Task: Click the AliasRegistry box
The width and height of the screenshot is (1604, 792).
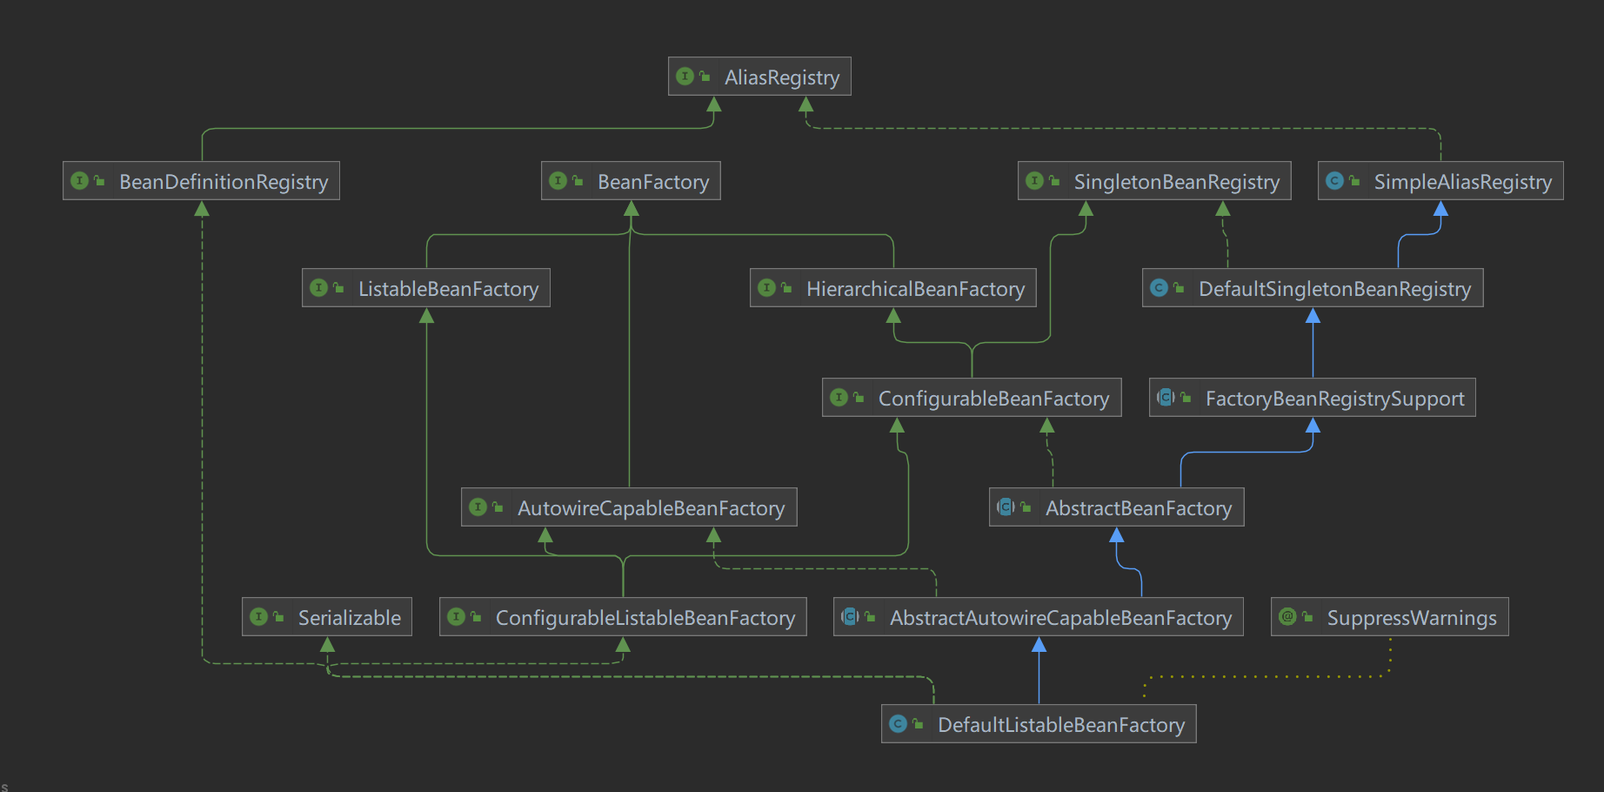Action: tap(759, 77)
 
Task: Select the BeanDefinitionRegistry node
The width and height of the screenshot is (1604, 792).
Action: tap(201, 181)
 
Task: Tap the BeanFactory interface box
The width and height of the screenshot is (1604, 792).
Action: tap(631, 181)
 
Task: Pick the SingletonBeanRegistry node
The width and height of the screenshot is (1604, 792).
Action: tap(1154, 181)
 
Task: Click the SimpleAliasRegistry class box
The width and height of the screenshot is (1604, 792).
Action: tap(1440, 181)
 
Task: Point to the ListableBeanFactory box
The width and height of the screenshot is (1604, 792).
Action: tap(426, 288)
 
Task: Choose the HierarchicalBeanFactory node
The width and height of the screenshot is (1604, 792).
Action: tap(892, 288)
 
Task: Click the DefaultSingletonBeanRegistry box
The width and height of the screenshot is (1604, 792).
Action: tap(1313, 288)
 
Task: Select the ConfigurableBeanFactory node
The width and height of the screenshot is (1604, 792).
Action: tap(972, 398)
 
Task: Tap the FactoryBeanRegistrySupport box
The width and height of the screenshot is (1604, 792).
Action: tap(1313, 398)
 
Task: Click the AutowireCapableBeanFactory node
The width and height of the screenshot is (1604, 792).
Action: tap(629, 507)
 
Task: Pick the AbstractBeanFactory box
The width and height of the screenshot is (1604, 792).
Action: tap(1117, 507)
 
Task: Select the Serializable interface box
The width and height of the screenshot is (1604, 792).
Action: tap(327, 617)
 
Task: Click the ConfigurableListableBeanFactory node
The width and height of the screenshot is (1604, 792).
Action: tap(623, 617)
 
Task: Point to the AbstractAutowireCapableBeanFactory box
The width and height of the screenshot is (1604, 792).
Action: tap(1039, 617)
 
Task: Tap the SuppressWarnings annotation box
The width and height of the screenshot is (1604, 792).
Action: tap(1390, 617)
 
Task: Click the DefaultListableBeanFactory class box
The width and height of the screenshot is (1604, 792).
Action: tap(1039, 724)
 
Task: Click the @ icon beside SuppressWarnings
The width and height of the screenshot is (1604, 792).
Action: tap(1287, 617)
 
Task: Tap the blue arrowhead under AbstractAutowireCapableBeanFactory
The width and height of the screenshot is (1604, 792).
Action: tap(1039, 644)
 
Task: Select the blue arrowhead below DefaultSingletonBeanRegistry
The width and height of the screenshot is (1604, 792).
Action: tap(1313, 315)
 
